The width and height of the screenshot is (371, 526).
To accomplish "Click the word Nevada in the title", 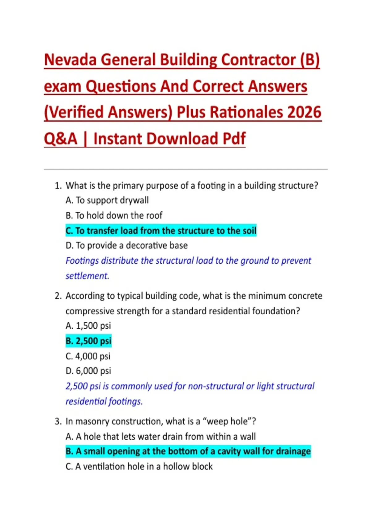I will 70,60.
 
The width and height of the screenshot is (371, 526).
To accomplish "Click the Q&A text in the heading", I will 61,139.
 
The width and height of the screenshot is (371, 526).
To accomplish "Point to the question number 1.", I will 58,186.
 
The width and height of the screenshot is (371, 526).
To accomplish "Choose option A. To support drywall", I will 107,200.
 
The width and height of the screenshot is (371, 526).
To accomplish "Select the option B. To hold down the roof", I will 114,215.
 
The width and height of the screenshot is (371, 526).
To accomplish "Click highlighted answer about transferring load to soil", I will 161,231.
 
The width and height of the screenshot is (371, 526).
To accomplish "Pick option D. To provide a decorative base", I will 126,245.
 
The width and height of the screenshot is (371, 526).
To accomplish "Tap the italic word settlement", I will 87,276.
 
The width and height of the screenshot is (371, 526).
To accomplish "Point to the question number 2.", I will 58,296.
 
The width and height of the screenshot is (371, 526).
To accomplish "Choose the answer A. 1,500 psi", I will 88,326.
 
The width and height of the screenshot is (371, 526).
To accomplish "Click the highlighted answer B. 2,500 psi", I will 88,341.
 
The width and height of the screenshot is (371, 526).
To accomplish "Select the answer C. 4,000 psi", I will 88,356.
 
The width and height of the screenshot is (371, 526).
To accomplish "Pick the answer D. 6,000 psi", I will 88,371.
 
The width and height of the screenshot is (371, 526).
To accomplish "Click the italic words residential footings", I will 104,401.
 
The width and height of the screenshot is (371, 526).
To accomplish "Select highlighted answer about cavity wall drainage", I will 188,451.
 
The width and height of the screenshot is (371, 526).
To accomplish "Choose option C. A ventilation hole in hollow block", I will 139,466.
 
